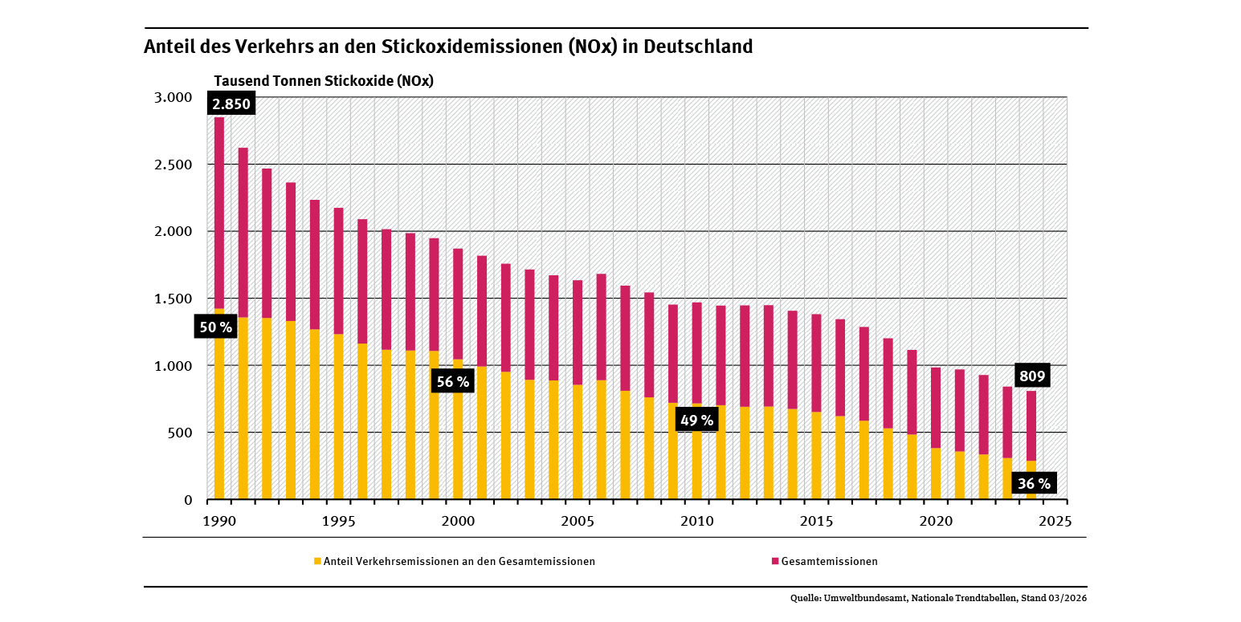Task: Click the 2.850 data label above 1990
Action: tap(231, 104)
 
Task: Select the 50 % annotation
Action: tap(215, 327)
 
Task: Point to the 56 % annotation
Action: tap(452, 382)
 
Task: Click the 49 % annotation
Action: tap(696, 420)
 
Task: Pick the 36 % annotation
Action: tap(1034, 483)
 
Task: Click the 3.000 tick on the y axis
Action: tap(173, 97)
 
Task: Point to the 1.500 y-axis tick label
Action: tap(173, 299)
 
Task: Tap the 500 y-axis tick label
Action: tap(178, 433)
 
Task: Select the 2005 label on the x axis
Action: tap(578, 521)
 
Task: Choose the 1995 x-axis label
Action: tap(338, 521)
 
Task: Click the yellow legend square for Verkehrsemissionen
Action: tap(317, 561)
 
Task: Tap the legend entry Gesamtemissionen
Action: tap(829, 561)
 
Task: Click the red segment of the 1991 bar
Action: tap(243, 233)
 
